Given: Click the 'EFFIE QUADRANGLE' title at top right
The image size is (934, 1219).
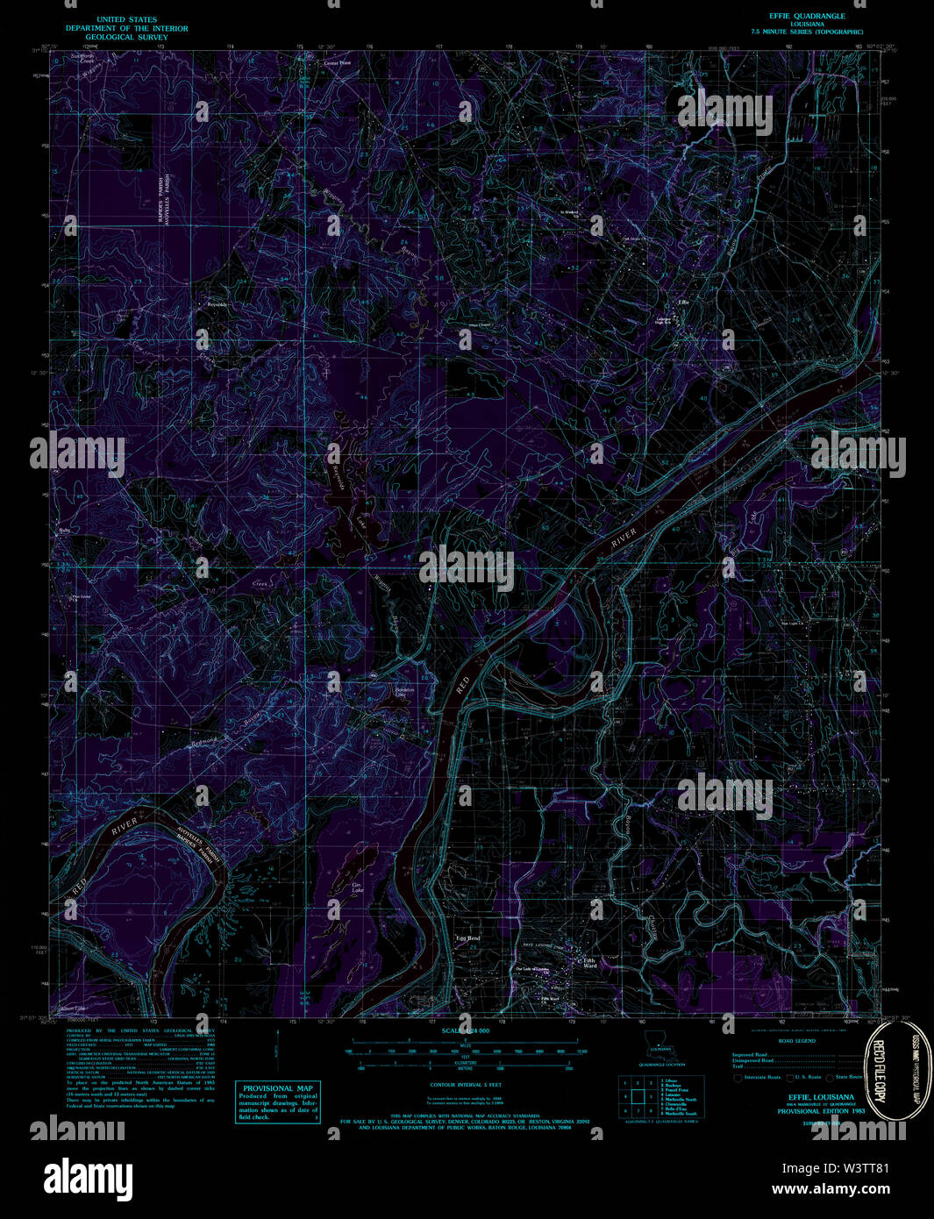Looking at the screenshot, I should click(x=802, y=17).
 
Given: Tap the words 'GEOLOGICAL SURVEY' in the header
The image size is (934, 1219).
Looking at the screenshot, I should click(x=127, y=38).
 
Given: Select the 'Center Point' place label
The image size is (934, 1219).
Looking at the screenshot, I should click(x=337, y=64).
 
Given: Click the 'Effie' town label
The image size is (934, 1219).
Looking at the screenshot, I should click(x=683, y=303).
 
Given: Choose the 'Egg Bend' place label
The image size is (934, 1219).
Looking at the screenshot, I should click(x=467, y=938).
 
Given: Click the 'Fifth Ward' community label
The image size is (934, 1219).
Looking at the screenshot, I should click(x=590, y=963).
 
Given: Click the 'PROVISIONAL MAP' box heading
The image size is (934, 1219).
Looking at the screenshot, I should click(x=278, y=1087).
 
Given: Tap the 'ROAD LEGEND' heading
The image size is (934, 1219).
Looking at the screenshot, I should click(x=796, y=1040).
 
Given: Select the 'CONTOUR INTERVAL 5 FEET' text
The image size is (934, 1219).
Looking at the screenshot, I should click(x=465, y=1085).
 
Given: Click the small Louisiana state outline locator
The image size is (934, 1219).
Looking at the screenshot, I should click(x=656, y=1042).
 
